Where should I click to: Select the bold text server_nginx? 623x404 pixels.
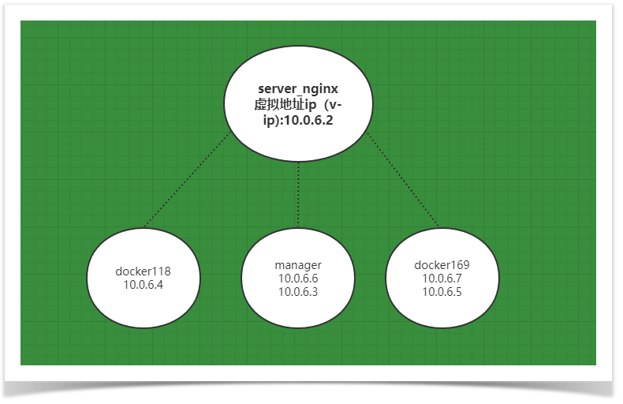(298, 90)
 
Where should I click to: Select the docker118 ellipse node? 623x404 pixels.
(143, 300)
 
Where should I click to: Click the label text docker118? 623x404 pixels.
(143, 271)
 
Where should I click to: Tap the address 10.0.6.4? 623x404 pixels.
(143, 285)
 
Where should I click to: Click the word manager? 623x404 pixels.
(298, 264)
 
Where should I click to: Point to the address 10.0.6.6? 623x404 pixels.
(298, 278)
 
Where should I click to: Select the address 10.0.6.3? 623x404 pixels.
(298, 291)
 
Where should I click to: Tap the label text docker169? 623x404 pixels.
(442, 264)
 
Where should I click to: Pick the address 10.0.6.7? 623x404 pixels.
(442, 278)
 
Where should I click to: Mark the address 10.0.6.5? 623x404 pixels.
(442, 291)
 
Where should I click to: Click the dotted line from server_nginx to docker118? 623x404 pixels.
(187, 181)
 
